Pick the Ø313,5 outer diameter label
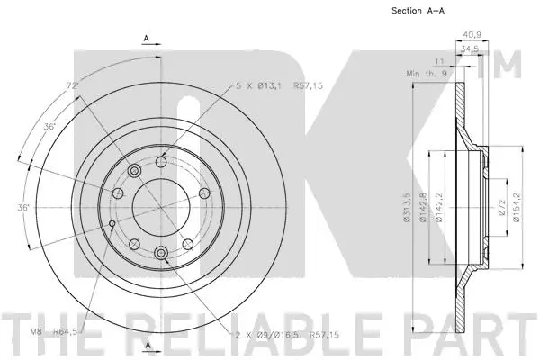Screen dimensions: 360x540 click(x=408, y=206)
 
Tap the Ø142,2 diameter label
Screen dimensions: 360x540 click(x=440, y=206)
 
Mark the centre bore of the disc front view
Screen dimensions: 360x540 click(x=160, y=208)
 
